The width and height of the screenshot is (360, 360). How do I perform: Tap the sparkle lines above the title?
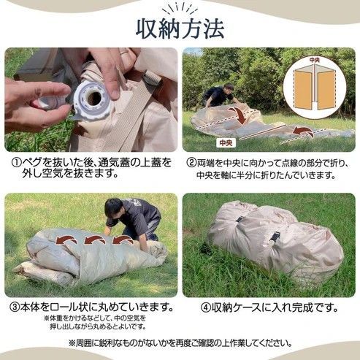(180, 7)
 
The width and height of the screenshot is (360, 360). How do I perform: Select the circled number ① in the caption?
(12, 162)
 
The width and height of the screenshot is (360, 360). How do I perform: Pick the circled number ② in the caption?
(192, 162)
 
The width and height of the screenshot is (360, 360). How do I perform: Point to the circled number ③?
(12, 306)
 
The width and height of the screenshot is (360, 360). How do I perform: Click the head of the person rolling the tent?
(115, 207)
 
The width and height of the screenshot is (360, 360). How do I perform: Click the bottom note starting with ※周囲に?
(180, 342)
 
